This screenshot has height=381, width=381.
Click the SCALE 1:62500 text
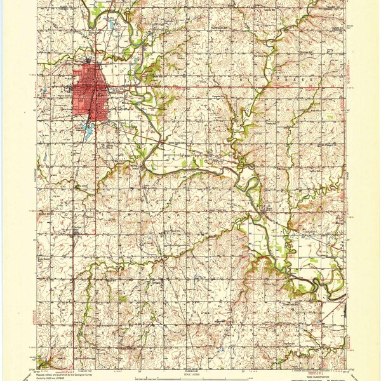click(x=190, y=370)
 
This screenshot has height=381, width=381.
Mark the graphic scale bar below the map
click(x=190, y=365)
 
